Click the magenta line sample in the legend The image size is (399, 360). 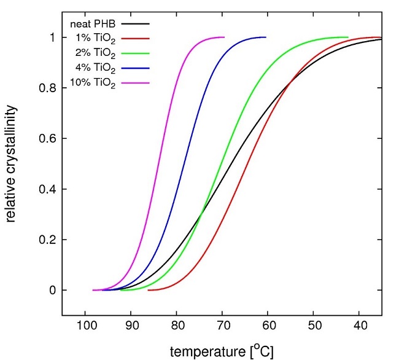[x=136, y=82]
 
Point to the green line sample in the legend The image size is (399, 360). [x=136, y=53]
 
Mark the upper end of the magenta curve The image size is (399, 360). [x=225, y=37]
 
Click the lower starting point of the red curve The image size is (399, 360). [x=149, y=290]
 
